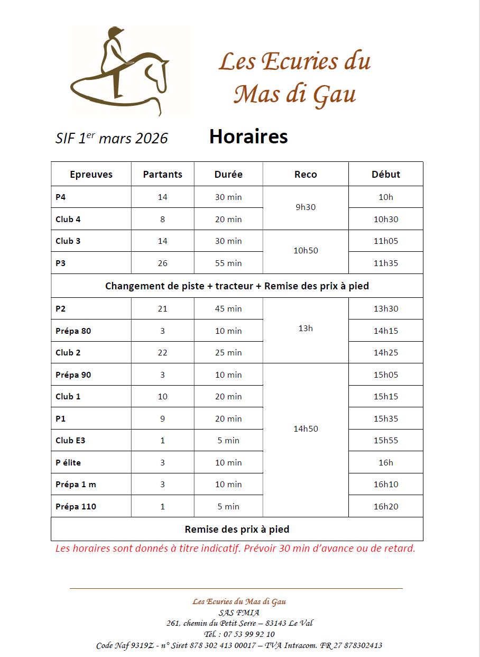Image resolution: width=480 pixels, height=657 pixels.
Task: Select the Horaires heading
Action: tap(248, 136)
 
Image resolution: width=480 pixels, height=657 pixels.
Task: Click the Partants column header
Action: tap(162, 175)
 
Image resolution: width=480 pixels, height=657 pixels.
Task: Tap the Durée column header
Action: tap(228, 175)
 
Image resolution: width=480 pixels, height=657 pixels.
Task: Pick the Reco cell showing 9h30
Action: tap(306, 207)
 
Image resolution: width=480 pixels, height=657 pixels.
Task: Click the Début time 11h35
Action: tap(386, 263)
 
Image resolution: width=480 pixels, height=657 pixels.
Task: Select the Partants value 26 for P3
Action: tap(162, 263)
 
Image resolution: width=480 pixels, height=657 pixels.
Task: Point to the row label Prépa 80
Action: tap(73, 331)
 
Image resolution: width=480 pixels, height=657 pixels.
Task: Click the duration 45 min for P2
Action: tap(228, 309)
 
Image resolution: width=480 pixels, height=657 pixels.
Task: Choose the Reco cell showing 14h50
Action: tap(306, 429)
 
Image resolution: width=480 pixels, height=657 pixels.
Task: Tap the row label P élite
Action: tap(68, 463)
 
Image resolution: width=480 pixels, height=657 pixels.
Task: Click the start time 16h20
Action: tap(386, 507)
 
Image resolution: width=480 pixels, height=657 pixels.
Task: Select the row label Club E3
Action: tap(70, 441)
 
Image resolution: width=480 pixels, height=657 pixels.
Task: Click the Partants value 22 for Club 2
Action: tap(162, 353)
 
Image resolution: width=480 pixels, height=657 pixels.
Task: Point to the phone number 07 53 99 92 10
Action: tap(249, 634)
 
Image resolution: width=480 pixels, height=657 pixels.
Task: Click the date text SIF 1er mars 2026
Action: tap(112, 139)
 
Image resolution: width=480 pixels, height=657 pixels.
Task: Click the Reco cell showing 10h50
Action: tap(306, 251)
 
